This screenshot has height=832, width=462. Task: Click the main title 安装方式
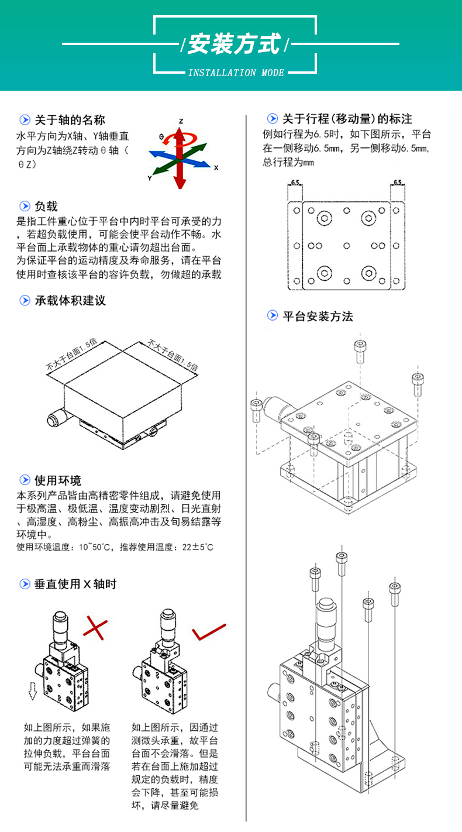pos(234,44)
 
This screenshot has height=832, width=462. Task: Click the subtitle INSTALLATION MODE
pos(236,73)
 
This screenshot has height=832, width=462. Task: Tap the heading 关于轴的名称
pos(70,120)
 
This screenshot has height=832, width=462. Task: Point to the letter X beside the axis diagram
pos(216,167)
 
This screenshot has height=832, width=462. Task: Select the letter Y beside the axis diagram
pos(150,178)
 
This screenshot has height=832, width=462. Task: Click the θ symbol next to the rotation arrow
pos(161,136)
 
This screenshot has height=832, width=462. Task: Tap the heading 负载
pos(46,206)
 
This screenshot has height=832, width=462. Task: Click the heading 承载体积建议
pos(70,301)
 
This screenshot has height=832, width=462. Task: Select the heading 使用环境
pos(58,480)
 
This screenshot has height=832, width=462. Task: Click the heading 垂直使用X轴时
pos(75,583)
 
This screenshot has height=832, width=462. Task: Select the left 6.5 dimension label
pos(295,183)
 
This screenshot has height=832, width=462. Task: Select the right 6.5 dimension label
pos(398,183)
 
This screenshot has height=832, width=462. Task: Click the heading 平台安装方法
pos(318,316)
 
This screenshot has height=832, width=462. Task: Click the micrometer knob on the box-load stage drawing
pos(57,419)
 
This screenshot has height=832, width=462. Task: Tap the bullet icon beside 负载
pos(25,206)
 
